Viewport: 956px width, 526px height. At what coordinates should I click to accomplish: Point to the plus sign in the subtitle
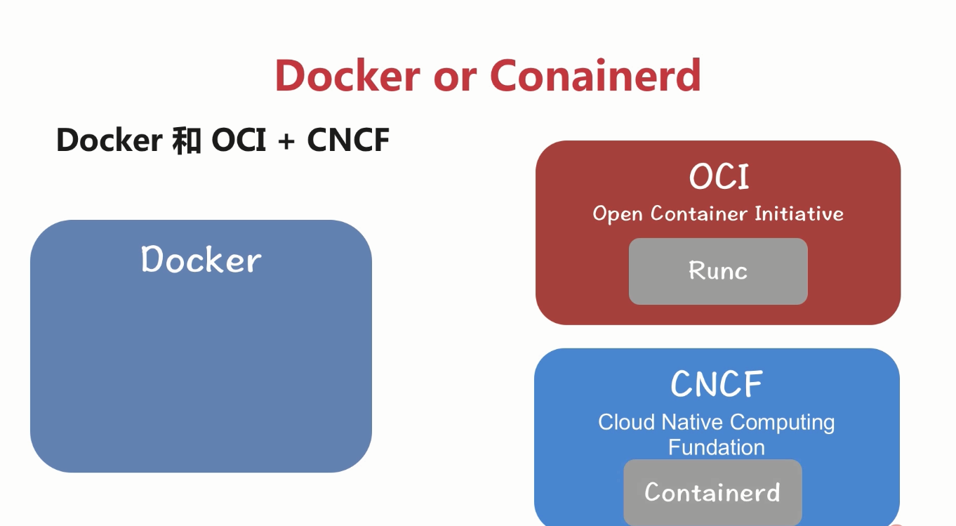[286, 141]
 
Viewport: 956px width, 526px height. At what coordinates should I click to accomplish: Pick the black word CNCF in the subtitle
[348, 140]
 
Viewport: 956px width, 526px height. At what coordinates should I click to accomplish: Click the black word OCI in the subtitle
[239, 140]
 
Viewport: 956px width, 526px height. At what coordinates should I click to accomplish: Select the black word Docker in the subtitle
[109, 140]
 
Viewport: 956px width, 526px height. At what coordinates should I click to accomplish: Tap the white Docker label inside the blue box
[201, 260]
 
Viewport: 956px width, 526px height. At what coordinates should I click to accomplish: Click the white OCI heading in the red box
[719, 177]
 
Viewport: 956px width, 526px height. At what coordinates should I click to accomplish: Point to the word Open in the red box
[618, 213]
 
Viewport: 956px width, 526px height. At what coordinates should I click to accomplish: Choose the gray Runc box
[718, 271]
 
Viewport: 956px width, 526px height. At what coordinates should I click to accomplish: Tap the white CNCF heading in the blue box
[717, 384]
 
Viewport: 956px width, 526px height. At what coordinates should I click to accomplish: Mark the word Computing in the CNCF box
[783, 423]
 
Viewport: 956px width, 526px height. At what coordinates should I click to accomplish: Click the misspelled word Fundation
[716, 447]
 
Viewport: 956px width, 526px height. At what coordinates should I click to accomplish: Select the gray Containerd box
[712, 492]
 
